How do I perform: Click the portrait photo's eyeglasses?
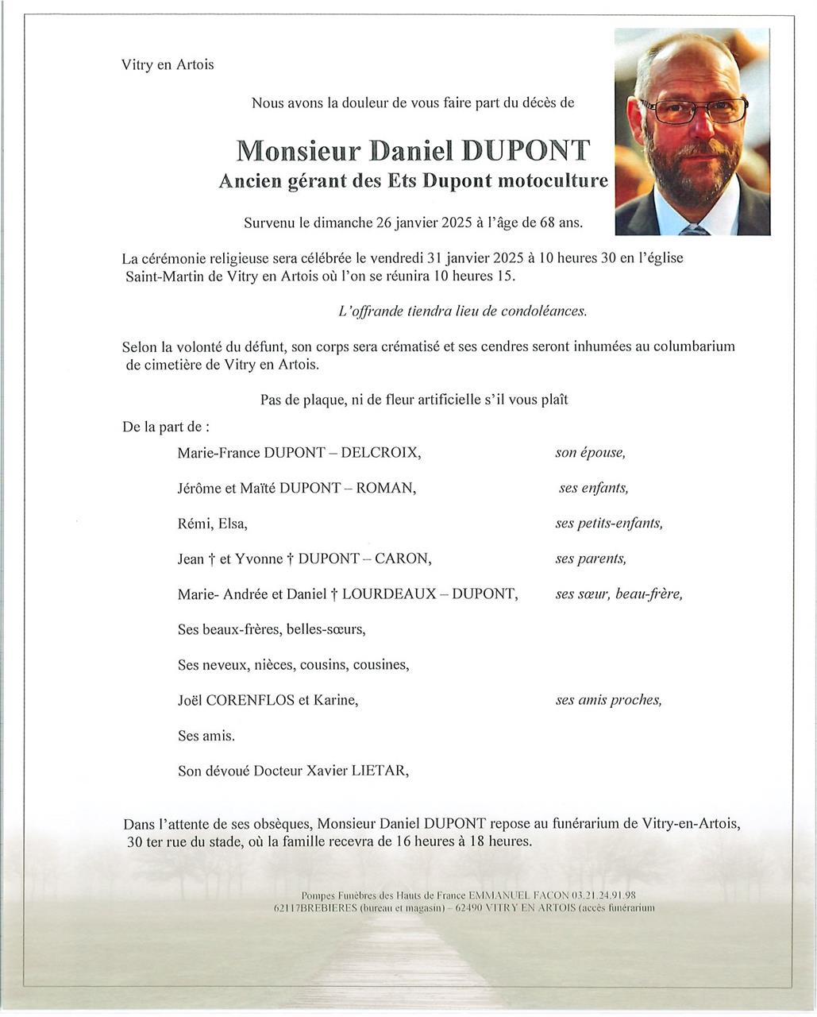tap(692, 110)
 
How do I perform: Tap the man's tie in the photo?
tap(693, 230)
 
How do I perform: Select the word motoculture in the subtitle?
tap(553, 181)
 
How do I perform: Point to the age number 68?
tap(547, 223)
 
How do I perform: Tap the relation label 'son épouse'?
tap(590, 453)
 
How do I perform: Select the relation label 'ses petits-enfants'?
tap(608, 524)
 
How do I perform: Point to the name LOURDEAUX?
tap(389, 594)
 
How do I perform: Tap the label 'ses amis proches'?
tap(608, 700)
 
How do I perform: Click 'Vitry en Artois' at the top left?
tap(168, 65)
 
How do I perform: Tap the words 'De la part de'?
tap(164, 427)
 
